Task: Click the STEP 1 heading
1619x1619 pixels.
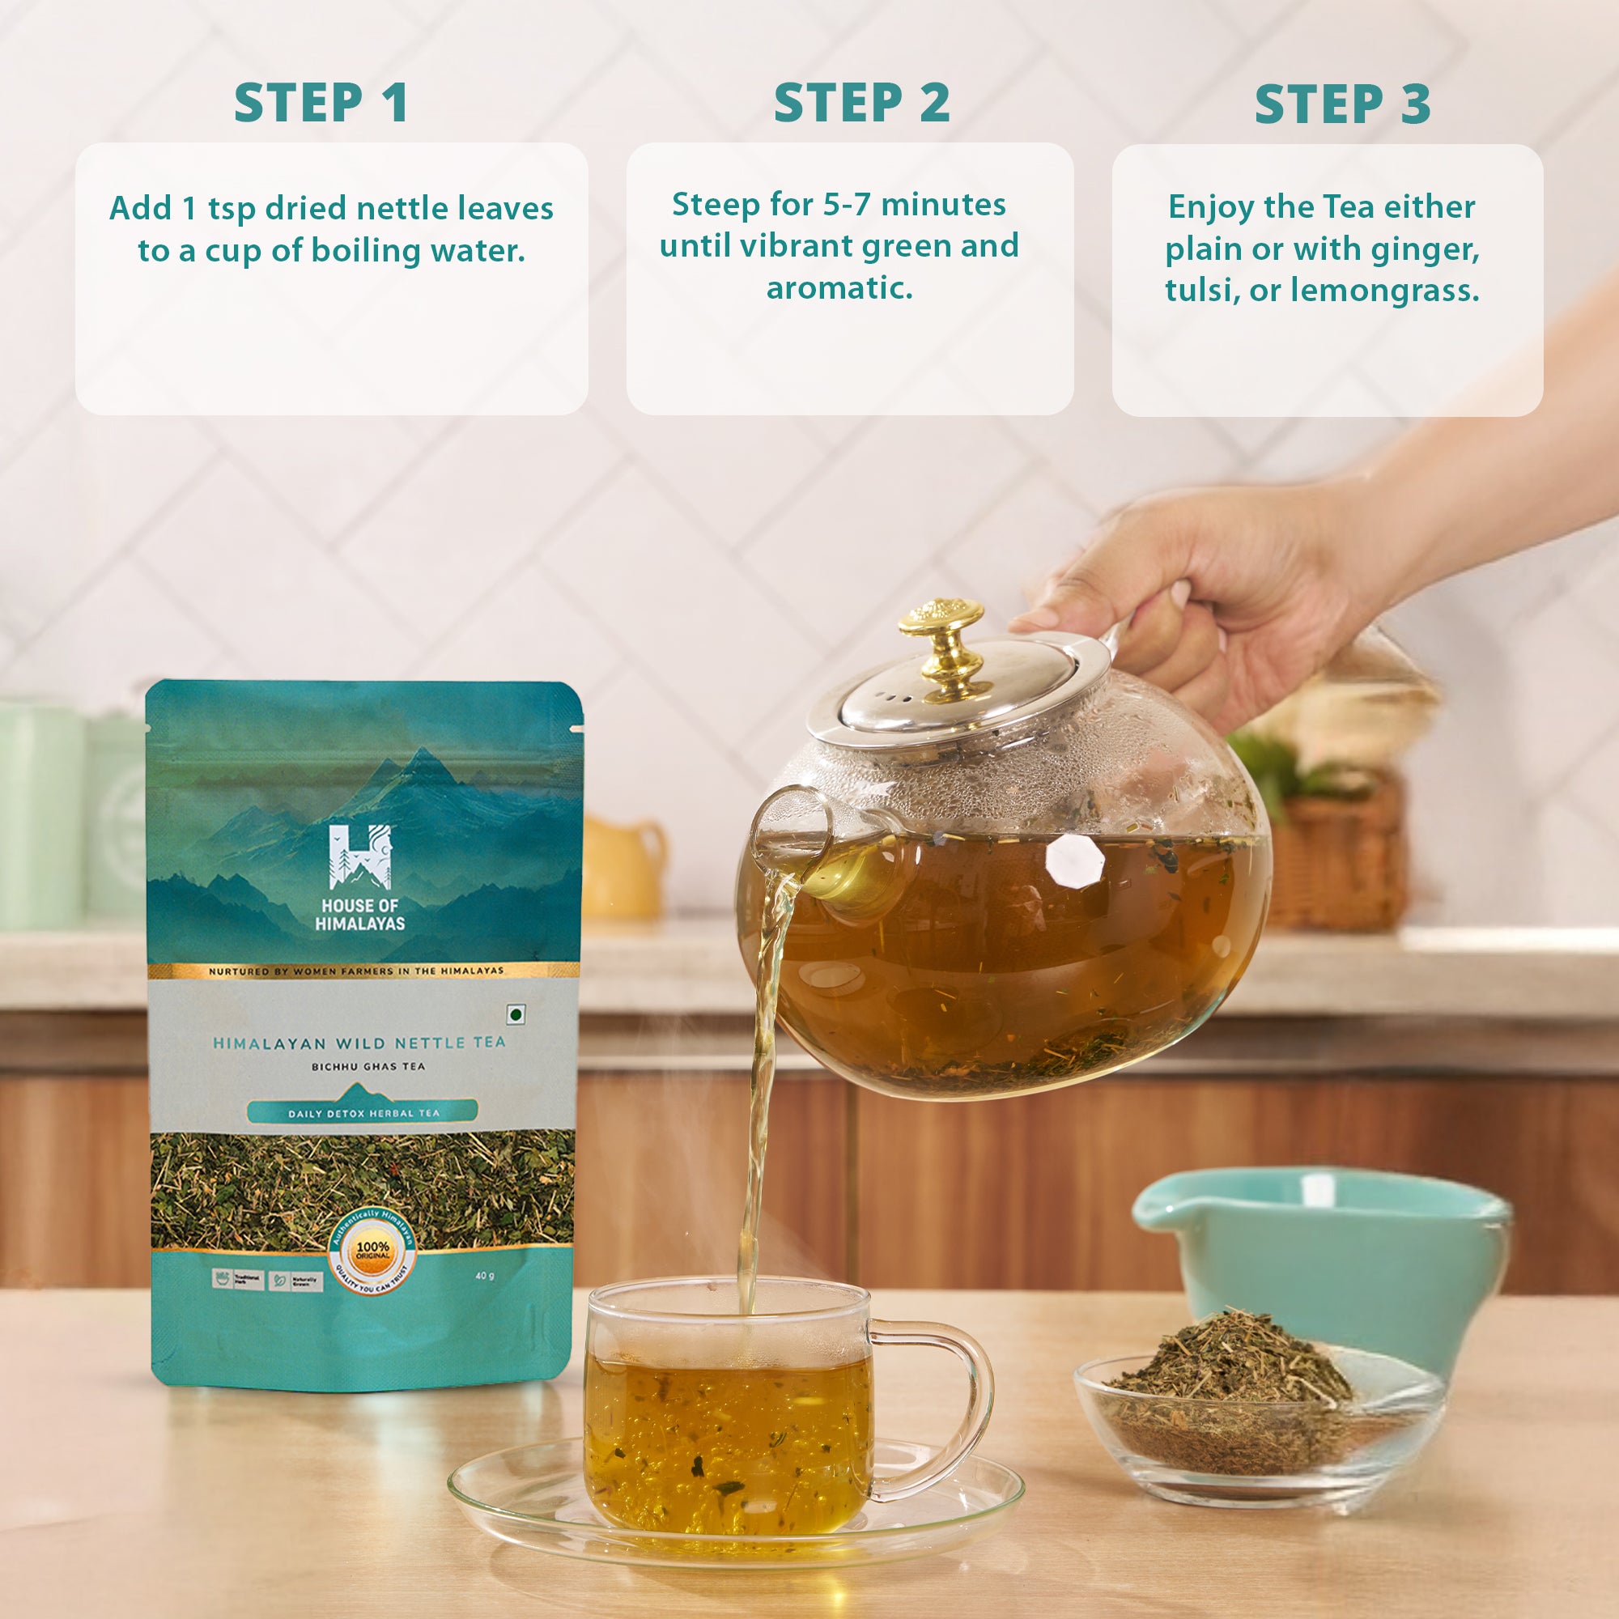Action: (x=321, y=104)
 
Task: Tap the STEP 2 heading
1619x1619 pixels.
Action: (x=861, y=104)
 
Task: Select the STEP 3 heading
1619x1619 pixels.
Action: (x=1342, y=105)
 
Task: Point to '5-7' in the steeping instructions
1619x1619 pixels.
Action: (x=847, y=205)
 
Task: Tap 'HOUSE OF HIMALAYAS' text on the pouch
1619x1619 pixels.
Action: (x=359, y=914)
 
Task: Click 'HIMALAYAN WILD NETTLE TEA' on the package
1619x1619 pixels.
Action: (x=359, y=1043)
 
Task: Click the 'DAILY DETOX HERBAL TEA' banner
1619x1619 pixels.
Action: (x=363, y=1113)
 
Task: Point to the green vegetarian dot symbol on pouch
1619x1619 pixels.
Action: (x=516, y=1015)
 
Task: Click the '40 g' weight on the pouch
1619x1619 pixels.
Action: (x=484, y=1276)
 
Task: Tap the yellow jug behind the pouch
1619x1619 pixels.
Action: (x=624, y=867)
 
